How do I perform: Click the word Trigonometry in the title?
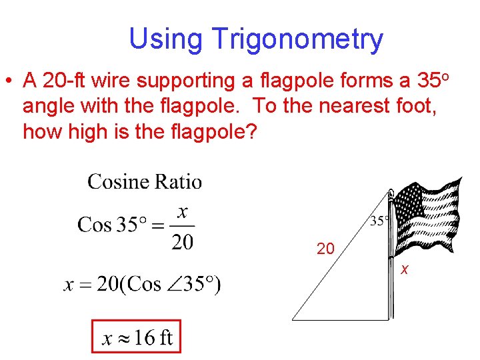click(x=297, y=39)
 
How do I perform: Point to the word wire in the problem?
click(x=111, y=81)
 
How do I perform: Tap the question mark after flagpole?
click(x=251, y=131)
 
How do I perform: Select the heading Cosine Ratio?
click(x=144, y=181)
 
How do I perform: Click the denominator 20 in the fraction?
click(x=183, y=241)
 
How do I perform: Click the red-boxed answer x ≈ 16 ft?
click(x=136, y=338)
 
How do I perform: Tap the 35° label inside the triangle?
click(x=378, y=221)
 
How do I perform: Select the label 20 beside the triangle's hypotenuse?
click(x=325, y=249)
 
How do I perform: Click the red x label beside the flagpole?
click(x=404, y=269)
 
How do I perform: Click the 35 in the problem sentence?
click(x=427, y=81)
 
